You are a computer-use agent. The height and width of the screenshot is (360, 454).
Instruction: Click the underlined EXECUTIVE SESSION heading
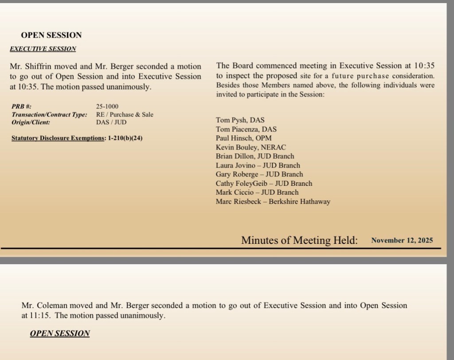click(43, 49)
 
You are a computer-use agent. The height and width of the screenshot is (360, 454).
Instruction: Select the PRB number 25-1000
click(106, 106)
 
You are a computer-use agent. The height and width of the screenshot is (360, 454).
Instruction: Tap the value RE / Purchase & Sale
click(125, 114)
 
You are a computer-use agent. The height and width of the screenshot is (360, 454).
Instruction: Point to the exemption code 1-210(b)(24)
click(125, 138)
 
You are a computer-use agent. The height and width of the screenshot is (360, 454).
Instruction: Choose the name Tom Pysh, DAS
click(240, 120)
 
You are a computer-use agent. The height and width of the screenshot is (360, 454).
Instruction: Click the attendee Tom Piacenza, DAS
click(246, 129)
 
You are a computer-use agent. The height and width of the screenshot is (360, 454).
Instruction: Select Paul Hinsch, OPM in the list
click(244, 138)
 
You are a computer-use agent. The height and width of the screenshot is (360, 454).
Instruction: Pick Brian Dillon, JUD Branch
click(255, 156)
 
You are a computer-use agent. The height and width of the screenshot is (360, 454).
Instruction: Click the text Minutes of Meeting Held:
click(299, 240)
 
